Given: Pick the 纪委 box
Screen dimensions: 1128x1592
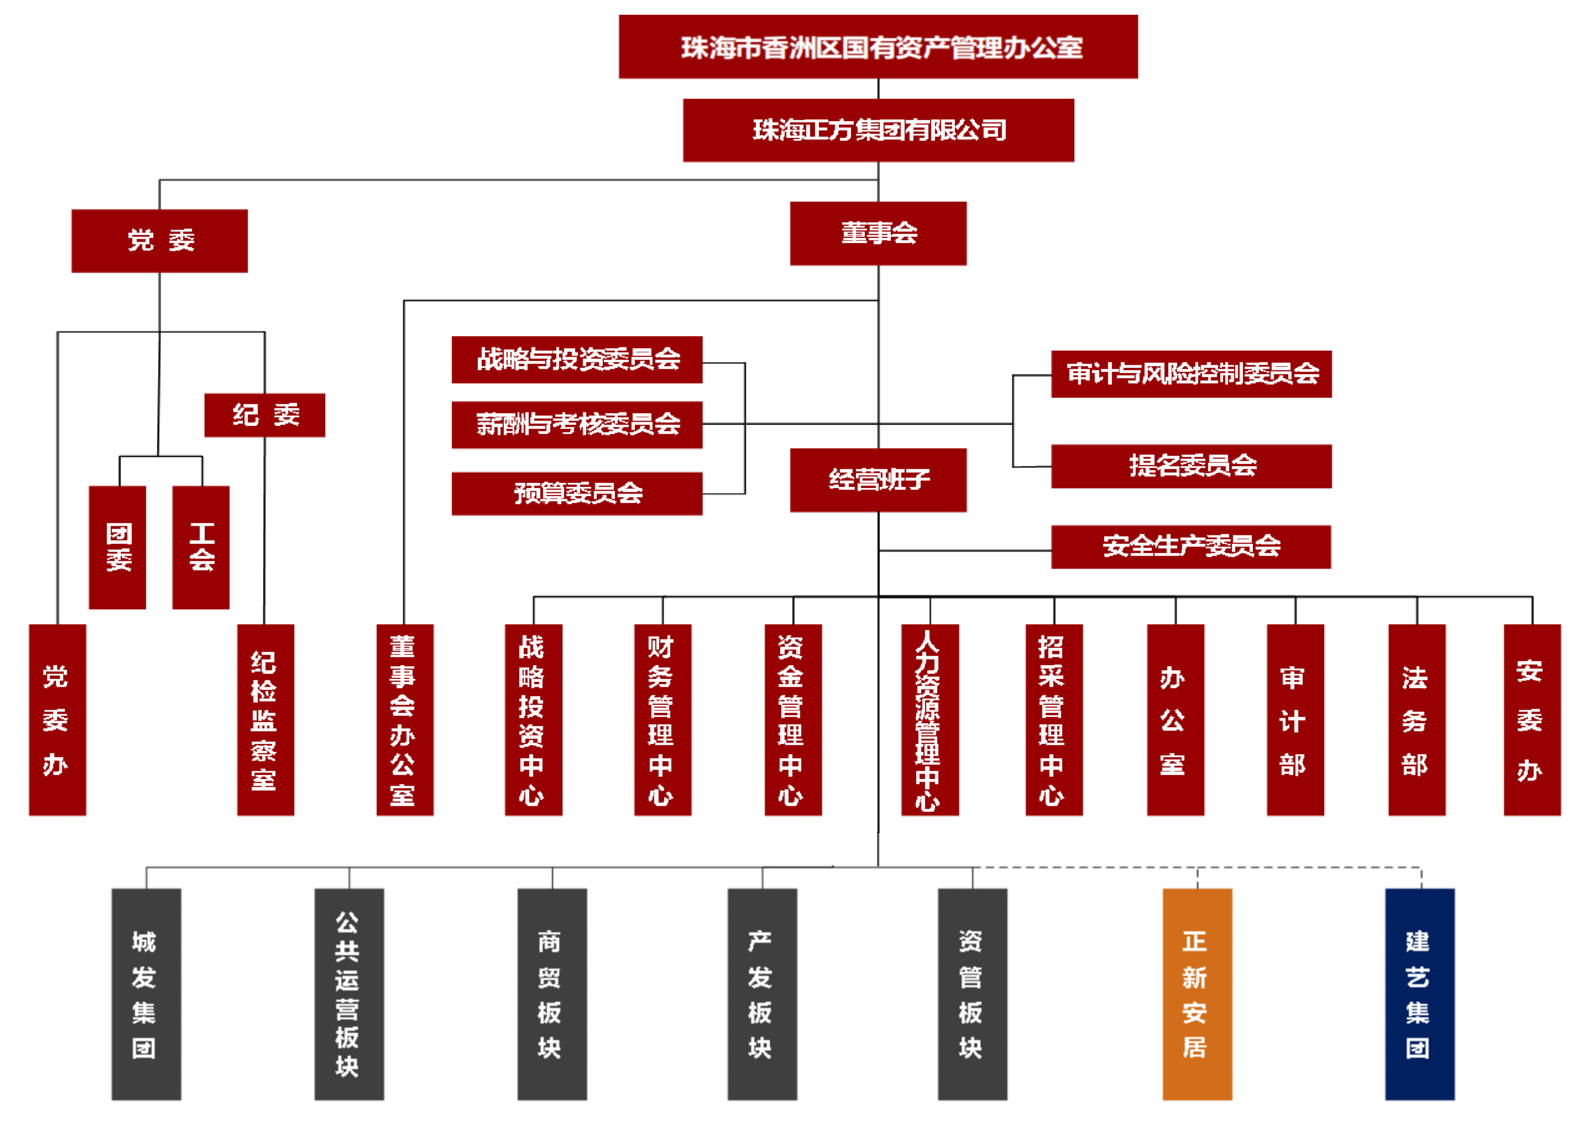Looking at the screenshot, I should (265, 415).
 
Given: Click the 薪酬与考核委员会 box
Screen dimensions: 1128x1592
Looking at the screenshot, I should (576, 424).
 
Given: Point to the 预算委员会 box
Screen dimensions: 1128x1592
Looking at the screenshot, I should (576, 493).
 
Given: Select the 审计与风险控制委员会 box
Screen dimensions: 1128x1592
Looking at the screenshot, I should (1191, 374).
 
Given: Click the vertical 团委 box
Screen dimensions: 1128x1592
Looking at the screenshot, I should (118, 547).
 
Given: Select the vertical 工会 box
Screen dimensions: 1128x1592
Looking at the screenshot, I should (201, 547).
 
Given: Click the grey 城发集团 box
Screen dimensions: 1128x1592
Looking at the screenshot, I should (146, 993).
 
